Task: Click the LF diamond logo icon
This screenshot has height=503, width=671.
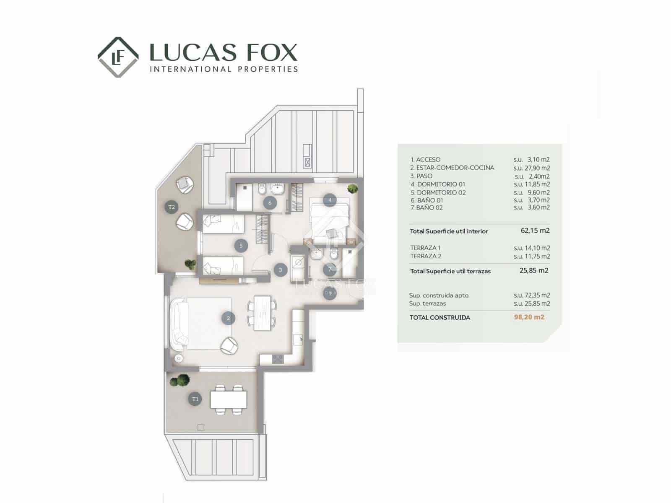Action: point(118,57)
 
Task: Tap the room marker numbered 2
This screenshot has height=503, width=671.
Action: point(228,318)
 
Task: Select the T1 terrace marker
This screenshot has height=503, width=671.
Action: point(195,399)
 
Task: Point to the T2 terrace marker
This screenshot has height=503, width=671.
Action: point(171,207)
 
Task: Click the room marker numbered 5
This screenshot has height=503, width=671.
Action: point(241,246)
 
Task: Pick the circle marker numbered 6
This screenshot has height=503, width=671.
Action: point(270,203)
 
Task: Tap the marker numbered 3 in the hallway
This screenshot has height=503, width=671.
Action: point(280,270)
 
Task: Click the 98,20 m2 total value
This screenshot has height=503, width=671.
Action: point(529,317)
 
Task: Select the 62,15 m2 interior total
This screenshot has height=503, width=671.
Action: point(535,231)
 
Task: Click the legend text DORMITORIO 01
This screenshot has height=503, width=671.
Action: point(441,184)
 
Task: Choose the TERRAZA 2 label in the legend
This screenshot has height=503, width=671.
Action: point(426,256)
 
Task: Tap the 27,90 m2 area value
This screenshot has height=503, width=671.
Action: point(537,168)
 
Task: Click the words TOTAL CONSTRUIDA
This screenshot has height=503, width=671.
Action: point(440,318)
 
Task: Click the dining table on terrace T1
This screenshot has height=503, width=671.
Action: point(229,399)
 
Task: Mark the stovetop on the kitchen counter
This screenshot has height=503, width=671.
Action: point(278,359)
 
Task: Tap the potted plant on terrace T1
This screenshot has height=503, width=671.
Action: point(180,381)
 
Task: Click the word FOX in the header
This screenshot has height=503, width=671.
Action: point(271,53)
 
